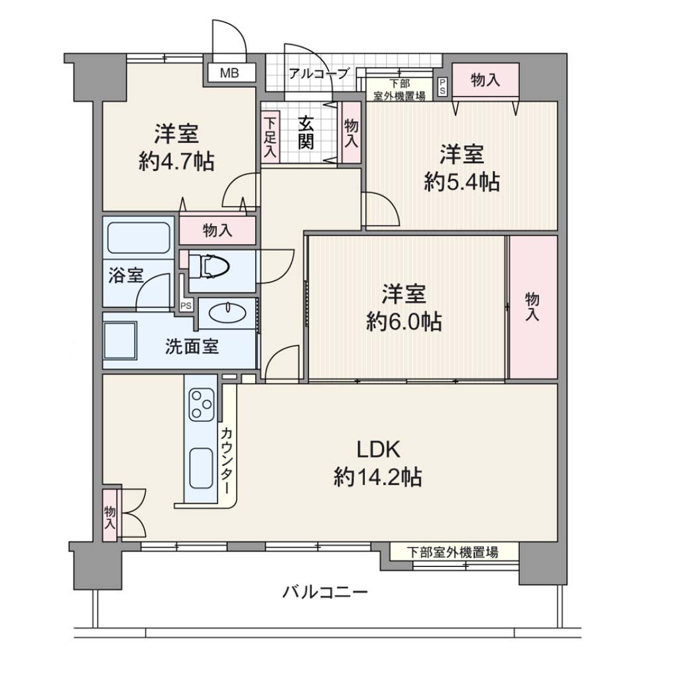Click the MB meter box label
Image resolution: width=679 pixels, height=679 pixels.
[229, 73]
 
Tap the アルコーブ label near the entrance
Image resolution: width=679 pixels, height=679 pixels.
[318, 74]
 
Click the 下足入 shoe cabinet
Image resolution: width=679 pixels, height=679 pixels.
[271, 137]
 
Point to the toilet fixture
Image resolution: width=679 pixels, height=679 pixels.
[209, 265]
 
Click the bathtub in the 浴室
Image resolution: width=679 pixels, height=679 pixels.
[139, 237]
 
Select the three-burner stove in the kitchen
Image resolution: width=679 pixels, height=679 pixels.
[202, 404]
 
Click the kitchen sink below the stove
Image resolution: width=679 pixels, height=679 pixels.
[201, 469]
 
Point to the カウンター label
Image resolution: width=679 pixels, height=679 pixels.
[227, 461]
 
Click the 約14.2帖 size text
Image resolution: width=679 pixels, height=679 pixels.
[377, 477]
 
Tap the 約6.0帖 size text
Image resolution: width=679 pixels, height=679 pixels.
[404, 322]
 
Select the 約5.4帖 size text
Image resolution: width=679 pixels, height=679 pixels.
[462, 182]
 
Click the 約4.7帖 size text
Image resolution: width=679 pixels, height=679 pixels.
[176, 162]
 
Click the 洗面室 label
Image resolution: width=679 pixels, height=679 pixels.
[192, 346]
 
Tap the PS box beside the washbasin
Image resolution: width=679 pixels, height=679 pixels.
[186, 305]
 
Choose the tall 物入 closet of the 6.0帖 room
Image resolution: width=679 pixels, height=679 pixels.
[533, 307]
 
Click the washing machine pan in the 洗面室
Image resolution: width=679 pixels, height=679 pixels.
[121, 340]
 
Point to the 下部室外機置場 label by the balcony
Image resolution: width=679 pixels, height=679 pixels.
[452, 552]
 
